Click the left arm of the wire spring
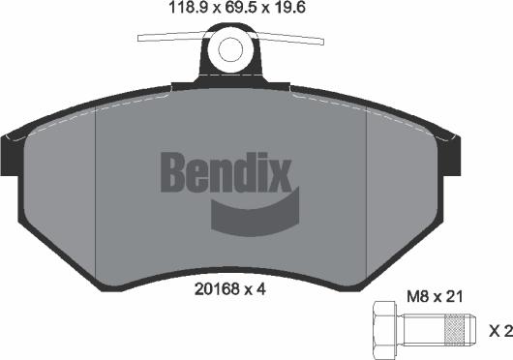(x=170, y=39)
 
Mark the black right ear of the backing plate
(x=452, y=155)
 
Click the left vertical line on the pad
(x=98, y=194)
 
